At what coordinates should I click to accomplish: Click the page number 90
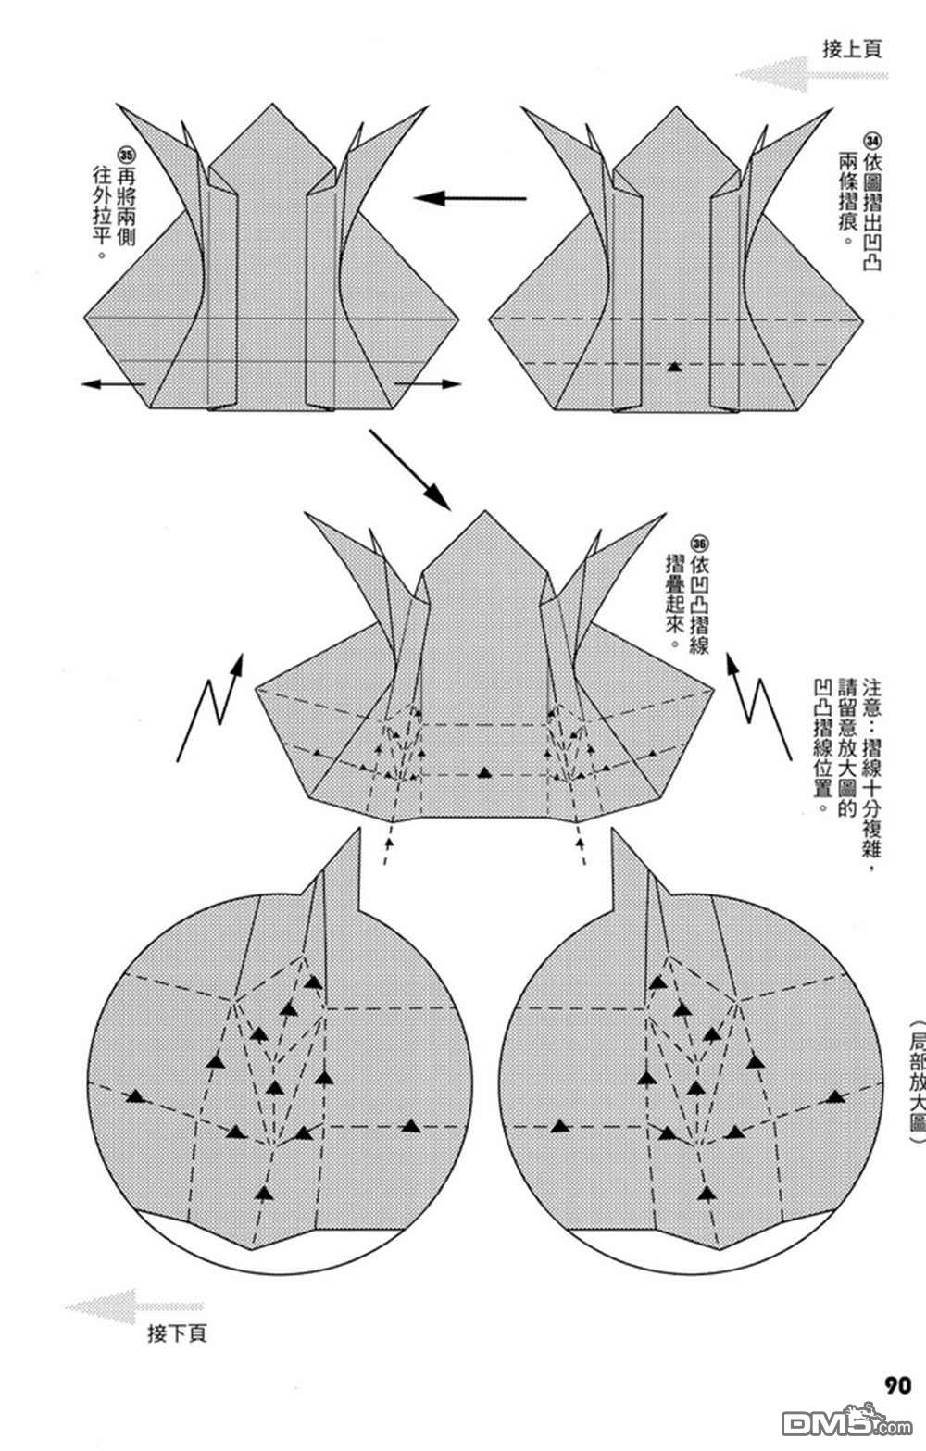point(897,1385)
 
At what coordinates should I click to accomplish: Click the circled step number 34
point(873,141)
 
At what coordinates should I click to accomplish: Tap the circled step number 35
point(126,155)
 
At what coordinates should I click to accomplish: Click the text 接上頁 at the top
point(852,49)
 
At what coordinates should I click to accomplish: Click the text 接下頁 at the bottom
point(177,1333)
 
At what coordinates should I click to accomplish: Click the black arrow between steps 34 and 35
point(469,197)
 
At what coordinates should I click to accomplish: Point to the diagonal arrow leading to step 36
point(409,469)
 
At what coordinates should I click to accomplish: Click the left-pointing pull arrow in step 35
point(113,384)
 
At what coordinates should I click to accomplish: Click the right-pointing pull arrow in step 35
point(428,383)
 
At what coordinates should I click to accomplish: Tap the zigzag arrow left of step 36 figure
point(210,707)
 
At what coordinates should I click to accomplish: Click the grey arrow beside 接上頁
point(811,74)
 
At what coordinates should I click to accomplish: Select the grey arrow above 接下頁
point(134,1306)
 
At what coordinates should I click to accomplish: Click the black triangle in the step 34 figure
point(674,367)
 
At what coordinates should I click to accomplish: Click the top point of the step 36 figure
point(485,511)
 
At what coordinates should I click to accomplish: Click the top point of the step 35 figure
point(272,104)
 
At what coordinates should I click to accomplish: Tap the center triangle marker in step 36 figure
point(484,772)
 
